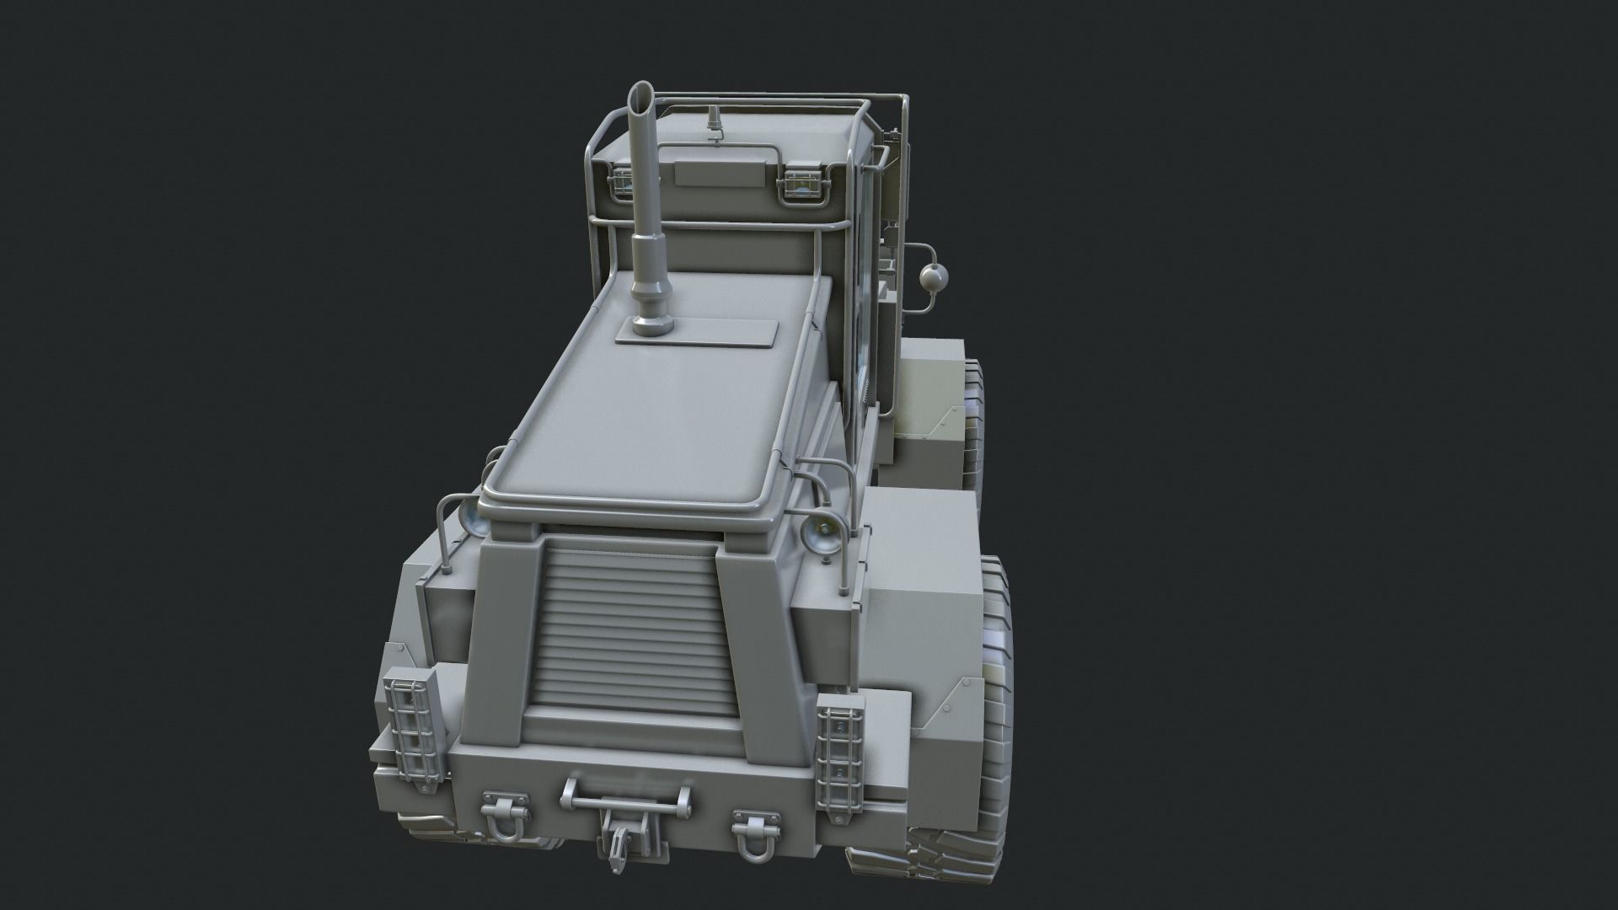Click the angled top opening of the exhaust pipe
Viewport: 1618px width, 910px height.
(x=641, y=91)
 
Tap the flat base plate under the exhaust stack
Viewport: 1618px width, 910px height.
(x=695, y=332)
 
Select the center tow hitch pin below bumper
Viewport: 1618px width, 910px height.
(x=619, y=840)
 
